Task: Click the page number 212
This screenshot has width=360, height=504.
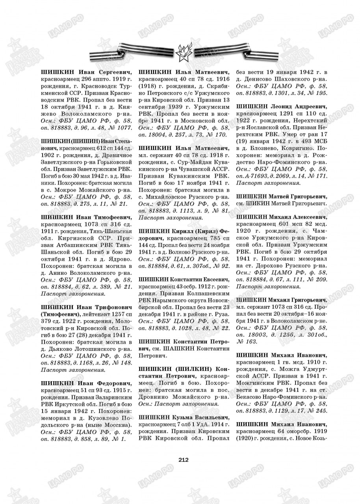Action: [184, 459]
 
